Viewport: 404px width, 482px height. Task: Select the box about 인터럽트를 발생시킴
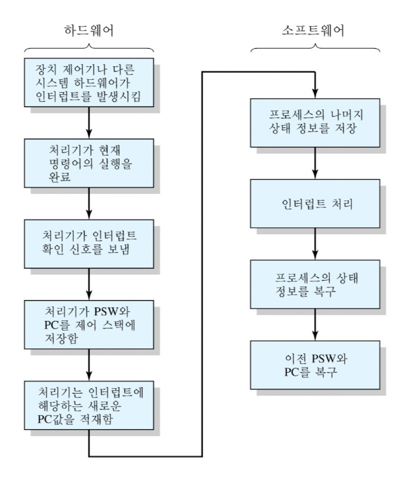tap(90, 83)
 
